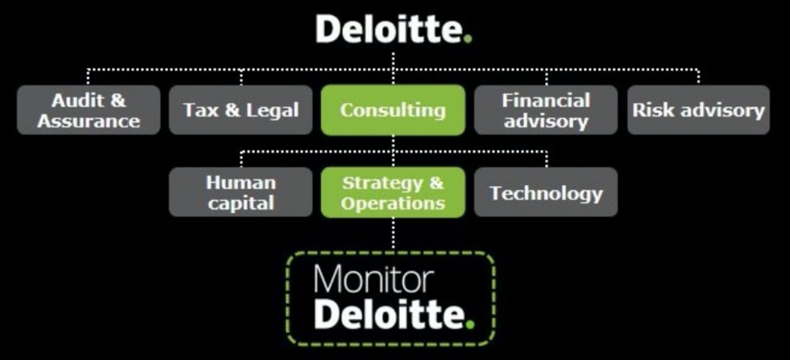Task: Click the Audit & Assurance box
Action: click(x=89, y=110)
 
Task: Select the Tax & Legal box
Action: click(x=241, y=110)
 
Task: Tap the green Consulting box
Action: click(x=393, y=110)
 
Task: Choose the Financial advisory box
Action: click(x=546, y=110)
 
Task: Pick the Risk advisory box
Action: click(x=698, y=110)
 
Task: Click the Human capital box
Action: click(x=241, y=192)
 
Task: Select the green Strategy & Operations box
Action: click(x=393, y=192)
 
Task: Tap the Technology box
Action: click(x=546, y=192)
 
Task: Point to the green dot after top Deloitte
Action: click(x=468, y=39)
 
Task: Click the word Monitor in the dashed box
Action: click(x=373, y=279)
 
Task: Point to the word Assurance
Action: click(x=89, y=120)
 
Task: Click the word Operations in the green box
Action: click(x=393, y=203)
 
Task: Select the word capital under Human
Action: click(x=241, y=203)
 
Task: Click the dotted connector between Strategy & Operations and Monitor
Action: click(x=393, y=234)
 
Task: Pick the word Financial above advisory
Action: click(x=546, y=100)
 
